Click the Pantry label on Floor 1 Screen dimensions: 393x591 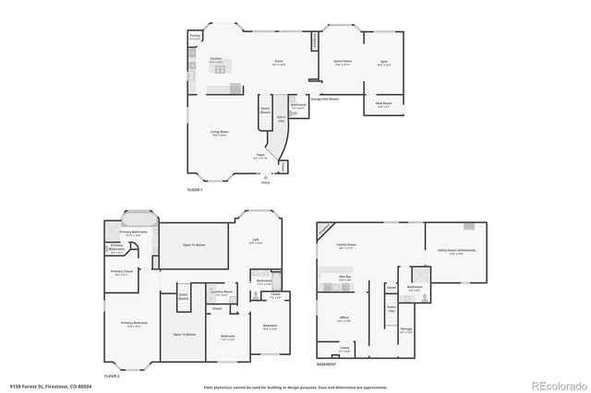click(x=195, y=38)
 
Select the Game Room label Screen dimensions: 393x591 click(x=341, y=61)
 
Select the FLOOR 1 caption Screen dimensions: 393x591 click(x=195, y=189)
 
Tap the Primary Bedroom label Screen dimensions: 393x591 click(x=134, y=322)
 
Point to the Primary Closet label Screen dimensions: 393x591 click(x=123, y=271)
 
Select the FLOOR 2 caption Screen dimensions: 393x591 click(x=112, y=376)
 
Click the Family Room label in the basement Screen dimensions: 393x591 click(x=347, y=245)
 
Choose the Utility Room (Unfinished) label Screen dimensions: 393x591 click(x=450, y=250)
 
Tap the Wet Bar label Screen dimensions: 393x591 click(x=344, y=276)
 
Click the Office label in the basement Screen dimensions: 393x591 click(x=343, y=317)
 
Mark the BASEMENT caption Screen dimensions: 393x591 click(x=326, y=364)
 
